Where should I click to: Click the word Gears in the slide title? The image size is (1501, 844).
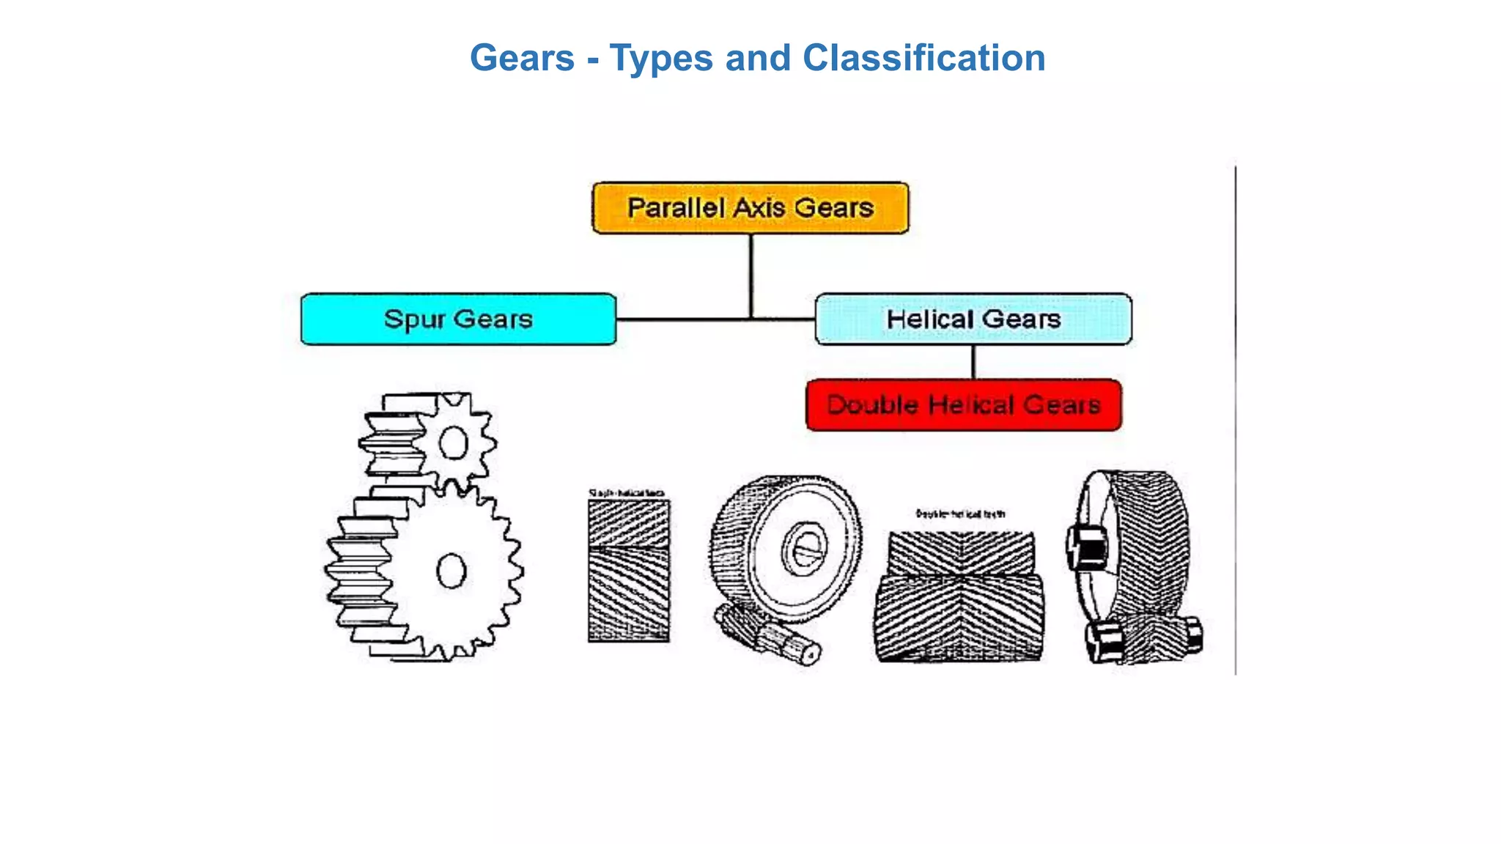pos(522,58)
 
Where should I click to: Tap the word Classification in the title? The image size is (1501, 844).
pos(923,58)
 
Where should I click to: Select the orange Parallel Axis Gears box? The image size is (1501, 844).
pos(750,208)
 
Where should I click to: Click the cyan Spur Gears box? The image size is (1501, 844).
pos(458,319)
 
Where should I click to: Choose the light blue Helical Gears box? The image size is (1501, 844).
pos(973,319)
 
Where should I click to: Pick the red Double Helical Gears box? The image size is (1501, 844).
pos(963,405)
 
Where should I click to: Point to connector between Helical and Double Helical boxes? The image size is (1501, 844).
pos(973,362)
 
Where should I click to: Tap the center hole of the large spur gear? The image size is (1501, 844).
pos(451,571)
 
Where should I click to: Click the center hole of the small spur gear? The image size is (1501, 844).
pos(453,443)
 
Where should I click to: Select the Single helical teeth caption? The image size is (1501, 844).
pos(627,493)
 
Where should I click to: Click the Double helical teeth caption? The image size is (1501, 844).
pos(960,514)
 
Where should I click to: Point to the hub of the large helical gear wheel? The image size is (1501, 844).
pos(805,549)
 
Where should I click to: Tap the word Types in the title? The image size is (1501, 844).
pos(661,58)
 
